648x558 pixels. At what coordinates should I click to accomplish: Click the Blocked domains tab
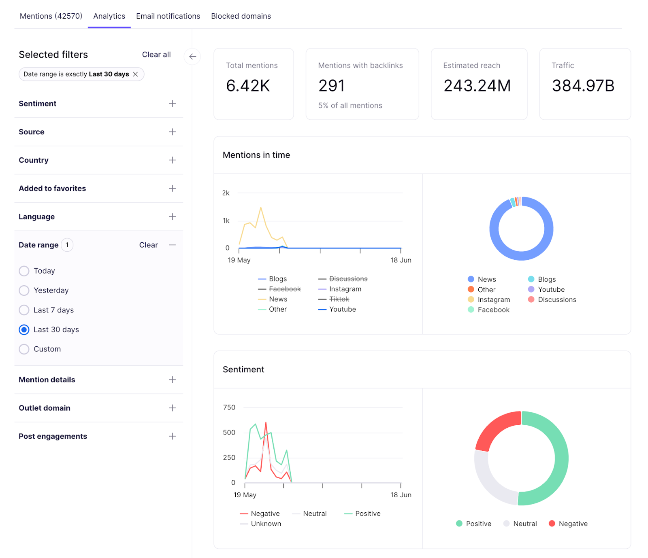[241, 16]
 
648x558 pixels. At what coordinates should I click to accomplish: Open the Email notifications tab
[168, 16]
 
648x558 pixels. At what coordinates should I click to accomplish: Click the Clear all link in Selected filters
[156, 55]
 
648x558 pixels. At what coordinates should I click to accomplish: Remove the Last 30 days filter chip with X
[136, 74]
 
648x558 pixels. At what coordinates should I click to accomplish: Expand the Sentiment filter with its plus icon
[172, 104]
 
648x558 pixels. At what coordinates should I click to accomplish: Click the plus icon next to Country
[172, 160]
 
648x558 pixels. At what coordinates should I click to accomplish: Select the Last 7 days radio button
[24, 310]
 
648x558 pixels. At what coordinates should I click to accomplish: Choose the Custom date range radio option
[24, 349]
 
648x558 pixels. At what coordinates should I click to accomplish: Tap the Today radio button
[24, 271]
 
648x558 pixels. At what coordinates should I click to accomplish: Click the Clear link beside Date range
[148, 245]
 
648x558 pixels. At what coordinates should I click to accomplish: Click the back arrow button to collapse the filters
[192, 57]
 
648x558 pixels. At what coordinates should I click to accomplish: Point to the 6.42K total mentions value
[248, 86]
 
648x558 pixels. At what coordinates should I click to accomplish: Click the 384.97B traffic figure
[583, 86]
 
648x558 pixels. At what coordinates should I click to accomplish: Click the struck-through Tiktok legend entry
[339, 299]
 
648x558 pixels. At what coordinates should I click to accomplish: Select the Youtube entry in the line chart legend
[342, 309]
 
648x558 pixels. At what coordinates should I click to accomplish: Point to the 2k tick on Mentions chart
[226, 193]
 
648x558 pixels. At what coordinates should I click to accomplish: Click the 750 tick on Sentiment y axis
[229, 407]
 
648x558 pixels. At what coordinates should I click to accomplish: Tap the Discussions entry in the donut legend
[556, 299]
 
